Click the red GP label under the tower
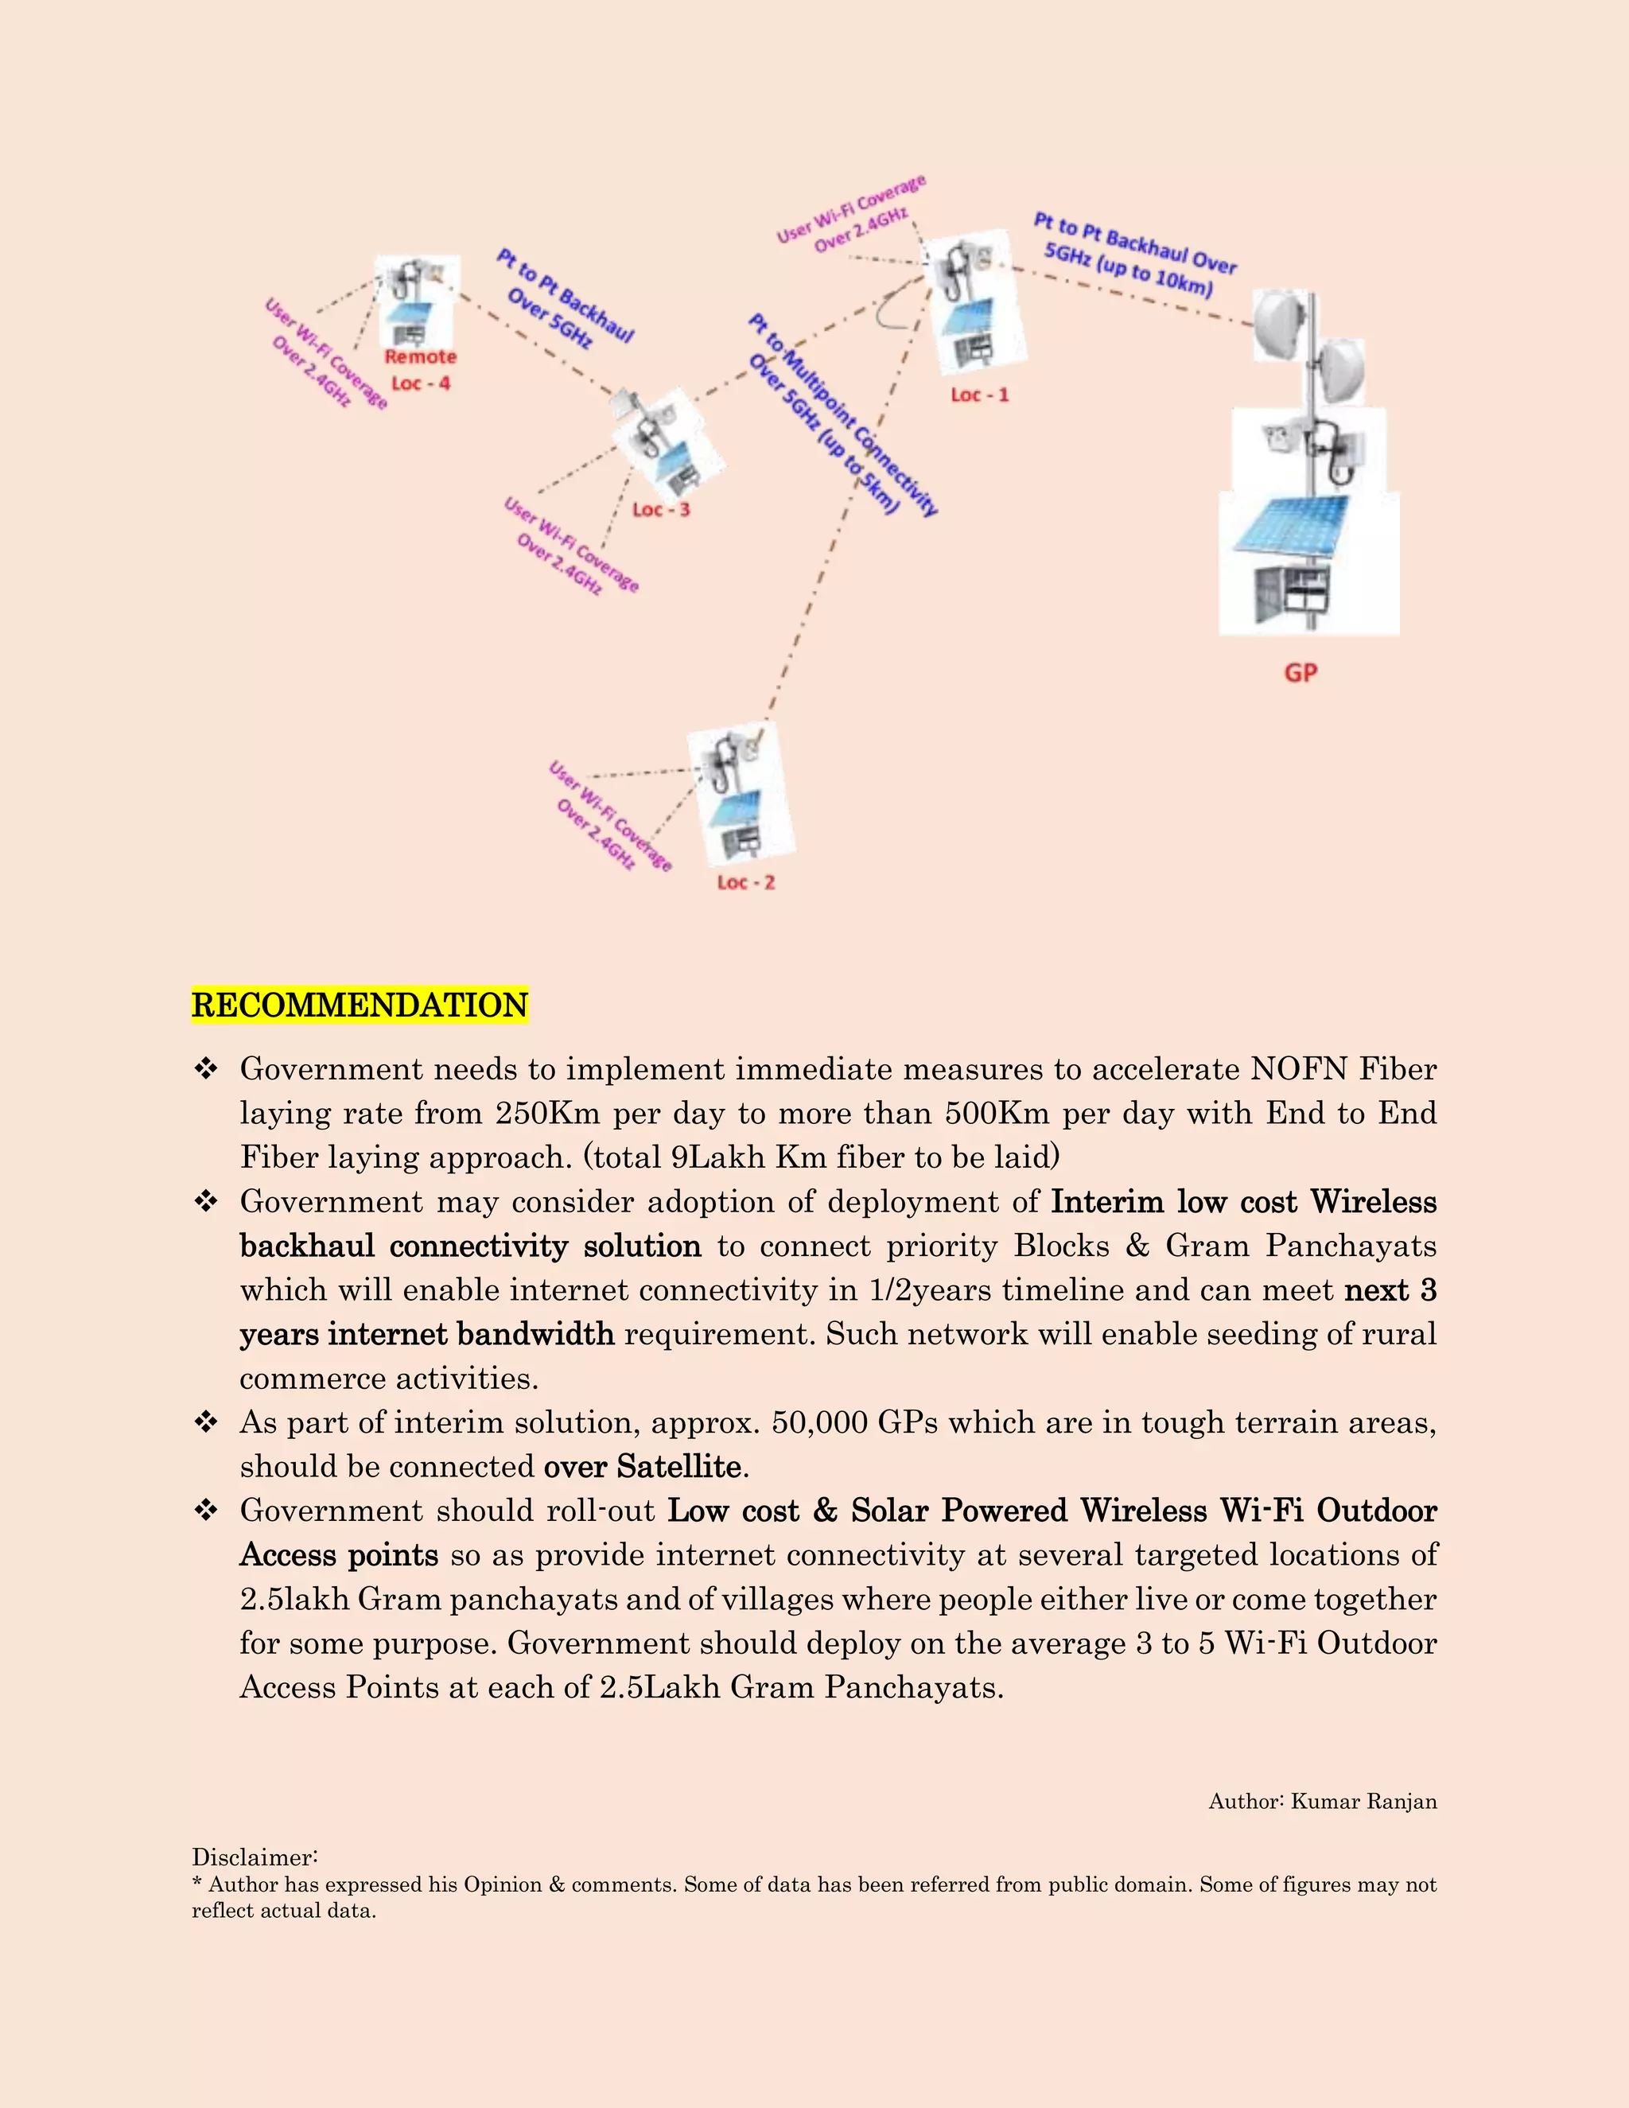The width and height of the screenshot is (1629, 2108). tap(1300, 673)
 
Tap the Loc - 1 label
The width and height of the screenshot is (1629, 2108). tap(978, 395)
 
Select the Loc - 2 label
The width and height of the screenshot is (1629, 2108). tap(745, 882)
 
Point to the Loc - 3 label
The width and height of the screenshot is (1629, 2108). tap(661, 510)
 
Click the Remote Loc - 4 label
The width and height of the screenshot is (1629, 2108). tap(420, 371)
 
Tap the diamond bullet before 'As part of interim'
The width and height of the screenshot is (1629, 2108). tap(205, 1422)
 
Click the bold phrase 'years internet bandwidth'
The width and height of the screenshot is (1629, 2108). tap(426, 1334)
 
